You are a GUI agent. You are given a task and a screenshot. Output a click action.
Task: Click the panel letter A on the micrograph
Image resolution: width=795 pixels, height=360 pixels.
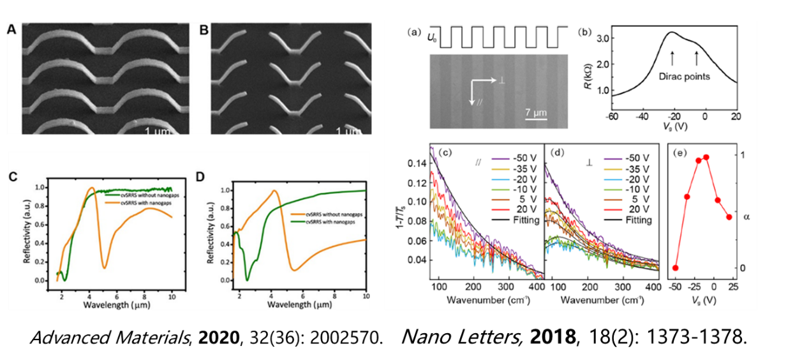click(11, 29)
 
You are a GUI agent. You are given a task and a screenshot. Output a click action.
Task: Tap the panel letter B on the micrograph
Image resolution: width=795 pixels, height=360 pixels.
click(204, 29)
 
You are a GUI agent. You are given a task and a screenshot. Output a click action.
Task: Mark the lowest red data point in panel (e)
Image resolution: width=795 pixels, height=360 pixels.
click(676, 267)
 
